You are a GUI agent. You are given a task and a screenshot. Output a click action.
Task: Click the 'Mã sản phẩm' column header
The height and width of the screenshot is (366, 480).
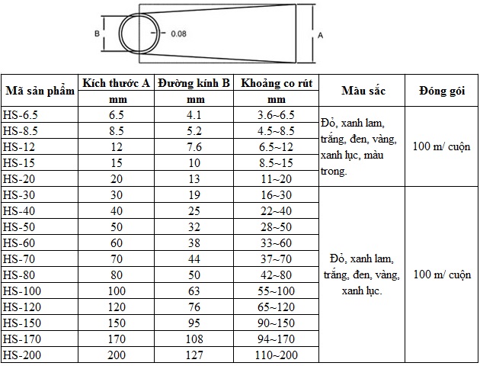pos(40,91)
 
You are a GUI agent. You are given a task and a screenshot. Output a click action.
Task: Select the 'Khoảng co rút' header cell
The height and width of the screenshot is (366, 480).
pos(276,83)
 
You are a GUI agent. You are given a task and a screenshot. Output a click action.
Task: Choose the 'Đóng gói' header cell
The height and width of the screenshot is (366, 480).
pos(441,91)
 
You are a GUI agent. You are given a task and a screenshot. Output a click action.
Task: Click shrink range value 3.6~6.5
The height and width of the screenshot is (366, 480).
pos(276,114)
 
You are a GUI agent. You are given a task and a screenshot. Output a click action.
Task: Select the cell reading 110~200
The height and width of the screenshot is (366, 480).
pos(276,355)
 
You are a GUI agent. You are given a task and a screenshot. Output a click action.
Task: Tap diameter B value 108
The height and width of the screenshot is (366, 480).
pos(194,339)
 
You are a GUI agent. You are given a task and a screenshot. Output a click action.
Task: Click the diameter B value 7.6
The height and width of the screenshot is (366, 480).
pos(194,146)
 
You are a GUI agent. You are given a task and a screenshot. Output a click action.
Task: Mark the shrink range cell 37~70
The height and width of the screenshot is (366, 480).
pos(276,259)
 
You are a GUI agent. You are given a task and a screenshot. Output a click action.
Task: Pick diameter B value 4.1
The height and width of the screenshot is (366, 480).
pos(194,114)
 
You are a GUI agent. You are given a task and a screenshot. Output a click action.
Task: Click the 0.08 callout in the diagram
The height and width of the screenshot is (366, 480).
pos(178,34)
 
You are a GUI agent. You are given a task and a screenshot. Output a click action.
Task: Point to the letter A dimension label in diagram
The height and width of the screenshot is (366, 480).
pos(320,35)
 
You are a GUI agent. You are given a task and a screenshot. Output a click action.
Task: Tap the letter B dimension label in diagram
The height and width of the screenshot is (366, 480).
pos(97,34)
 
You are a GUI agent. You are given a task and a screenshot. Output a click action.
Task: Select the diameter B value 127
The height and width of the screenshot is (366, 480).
pos(194,355)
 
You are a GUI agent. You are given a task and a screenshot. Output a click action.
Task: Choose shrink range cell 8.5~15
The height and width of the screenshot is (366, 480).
pos(276,162)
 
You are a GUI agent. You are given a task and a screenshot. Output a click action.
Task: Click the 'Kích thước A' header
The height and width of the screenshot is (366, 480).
pos(116,83)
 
